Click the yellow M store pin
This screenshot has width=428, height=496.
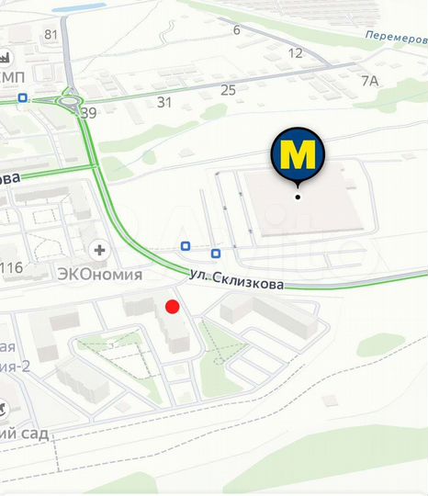coord(298,154)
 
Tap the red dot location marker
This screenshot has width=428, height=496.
coord(172,307)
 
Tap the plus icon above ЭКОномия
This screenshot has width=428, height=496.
coord(99,249)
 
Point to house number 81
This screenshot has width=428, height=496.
coord(51,35)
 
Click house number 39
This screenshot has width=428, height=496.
coord(88,113)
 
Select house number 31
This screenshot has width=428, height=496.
coord(164,102)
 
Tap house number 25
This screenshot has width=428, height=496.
coord(228,89)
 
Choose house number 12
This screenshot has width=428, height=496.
coord(295,53)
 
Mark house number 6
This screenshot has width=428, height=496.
coord(236,30)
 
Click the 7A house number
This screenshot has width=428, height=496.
coord(369,81)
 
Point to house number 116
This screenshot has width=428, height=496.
coord(12,268)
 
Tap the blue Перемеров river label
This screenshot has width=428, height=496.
coord(395,37)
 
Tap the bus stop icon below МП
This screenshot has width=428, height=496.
coord(21,97)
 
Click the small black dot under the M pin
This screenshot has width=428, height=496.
coord(298,196)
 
